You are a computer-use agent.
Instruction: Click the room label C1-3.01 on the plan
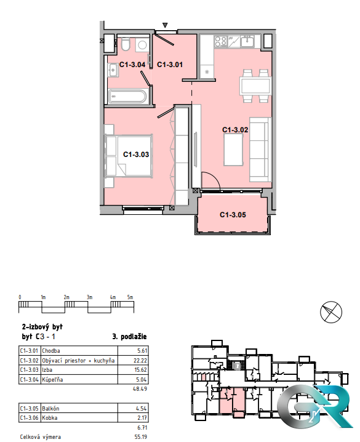(169, 64)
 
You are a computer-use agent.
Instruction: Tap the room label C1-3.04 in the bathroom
(131, 64)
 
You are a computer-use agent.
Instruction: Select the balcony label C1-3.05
(233, 215)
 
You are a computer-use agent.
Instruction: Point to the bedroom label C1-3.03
(136, 155)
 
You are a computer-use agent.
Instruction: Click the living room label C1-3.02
(234, 130)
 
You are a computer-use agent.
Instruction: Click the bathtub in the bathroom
(127, 97)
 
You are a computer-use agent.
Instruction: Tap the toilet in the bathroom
(125, 46)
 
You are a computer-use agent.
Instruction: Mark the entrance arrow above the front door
(165, 25)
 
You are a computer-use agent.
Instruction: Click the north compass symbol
(331, 313)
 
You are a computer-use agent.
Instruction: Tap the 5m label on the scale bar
(130, 297)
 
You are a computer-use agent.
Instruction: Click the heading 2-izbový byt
(42, 326)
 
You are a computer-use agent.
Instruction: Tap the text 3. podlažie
(129, 337)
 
